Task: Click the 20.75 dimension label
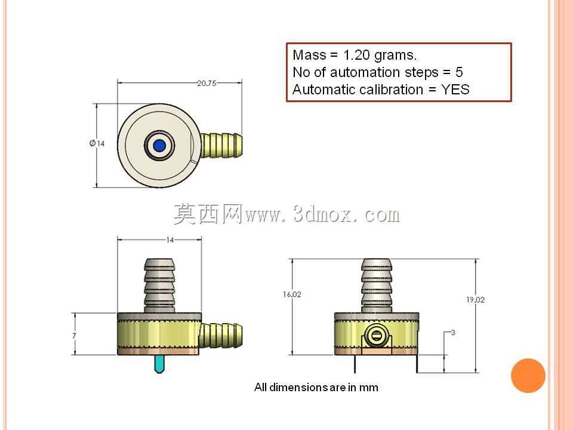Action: coord(207,84)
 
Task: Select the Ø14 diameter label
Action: coord(97,143)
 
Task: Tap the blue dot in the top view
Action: coord(159,146)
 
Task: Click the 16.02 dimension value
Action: coord(292,294)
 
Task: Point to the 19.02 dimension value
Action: coord(475,300)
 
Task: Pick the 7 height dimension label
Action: coord(74,336)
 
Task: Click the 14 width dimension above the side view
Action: coord(170,240)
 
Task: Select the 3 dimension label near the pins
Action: coord(453,333)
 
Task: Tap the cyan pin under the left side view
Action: coord(159,364)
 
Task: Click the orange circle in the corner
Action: coord(528,376)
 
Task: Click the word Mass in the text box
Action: coord(309,55)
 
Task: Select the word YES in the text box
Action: coord(455,90)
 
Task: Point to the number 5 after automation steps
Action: coord(459,72)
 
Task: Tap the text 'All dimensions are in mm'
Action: coord(316,387)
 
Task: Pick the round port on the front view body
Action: coord(377,335)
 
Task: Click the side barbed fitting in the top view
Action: coord(221,146)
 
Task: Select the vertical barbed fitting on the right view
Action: coord(377,285)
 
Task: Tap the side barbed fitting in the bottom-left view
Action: coord(221,335)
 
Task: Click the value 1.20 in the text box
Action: coord(356,55)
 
